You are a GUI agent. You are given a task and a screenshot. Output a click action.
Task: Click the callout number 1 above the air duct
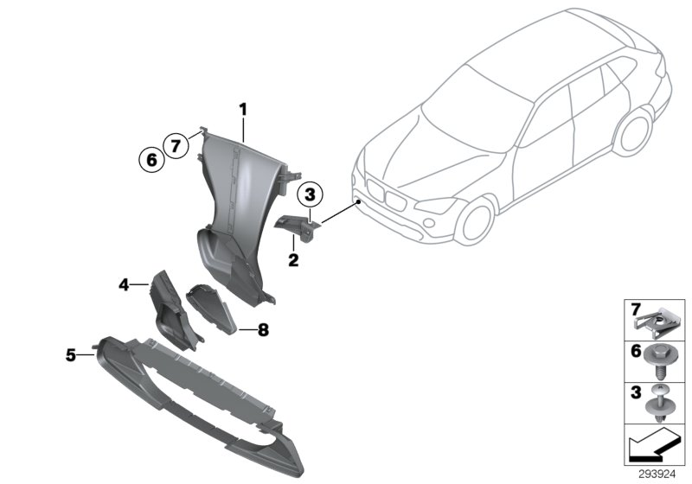pos(243,110)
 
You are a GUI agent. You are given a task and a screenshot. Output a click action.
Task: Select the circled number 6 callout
pos(150,159)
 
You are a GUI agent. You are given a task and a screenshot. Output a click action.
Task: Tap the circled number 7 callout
pos(176,146)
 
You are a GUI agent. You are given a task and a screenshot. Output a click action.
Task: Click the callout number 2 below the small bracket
pos(293,258)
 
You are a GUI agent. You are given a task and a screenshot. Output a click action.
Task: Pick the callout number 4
pos(124,283)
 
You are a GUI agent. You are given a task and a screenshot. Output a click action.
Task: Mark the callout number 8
pos(262,329)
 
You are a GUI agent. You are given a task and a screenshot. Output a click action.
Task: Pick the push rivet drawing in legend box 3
pos(658,402)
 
